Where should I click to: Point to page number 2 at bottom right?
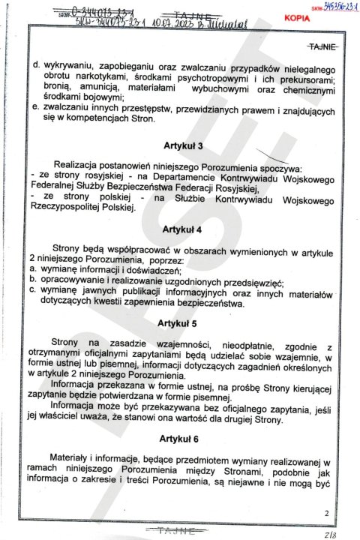[326, 513]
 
